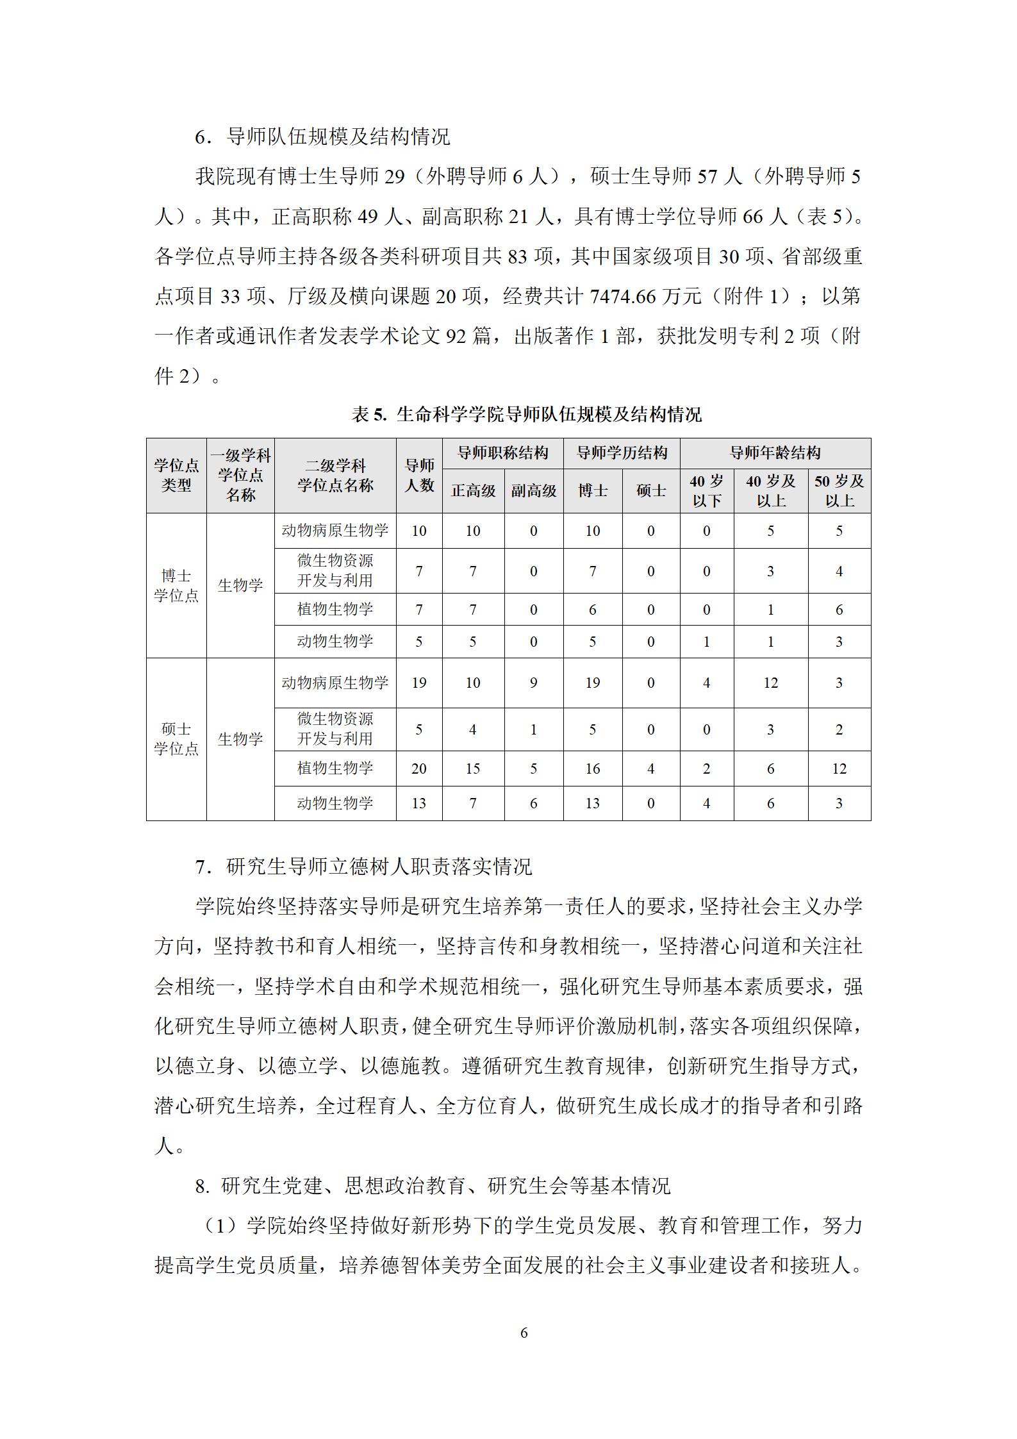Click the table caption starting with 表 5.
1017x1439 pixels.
tap(526, 415)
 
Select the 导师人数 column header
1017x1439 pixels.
tap(419, 475)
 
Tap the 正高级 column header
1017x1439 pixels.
tap(473, 491)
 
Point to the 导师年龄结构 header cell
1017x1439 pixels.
tap(775, 453)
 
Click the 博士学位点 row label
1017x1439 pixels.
tap(176, 585)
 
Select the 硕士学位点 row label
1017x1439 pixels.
tap(176, 738)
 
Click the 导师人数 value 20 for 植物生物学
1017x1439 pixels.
tap(419, 769)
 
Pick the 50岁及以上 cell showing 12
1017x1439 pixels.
tap(839, 769)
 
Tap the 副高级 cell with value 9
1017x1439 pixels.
tap(533, 683)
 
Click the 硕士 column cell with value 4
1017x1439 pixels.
tap(650, 769)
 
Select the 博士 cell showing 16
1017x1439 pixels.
tap(593, 769)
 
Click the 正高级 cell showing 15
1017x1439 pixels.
tap(473, 769)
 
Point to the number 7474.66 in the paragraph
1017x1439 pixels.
tap(622, 296)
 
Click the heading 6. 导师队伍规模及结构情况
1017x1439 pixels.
tap(322, 137)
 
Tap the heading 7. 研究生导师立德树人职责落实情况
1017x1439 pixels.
tap(363, 867)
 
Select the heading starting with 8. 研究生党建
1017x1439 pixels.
tap(433, 1186)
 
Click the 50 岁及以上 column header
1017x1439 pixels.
tap(839, 491)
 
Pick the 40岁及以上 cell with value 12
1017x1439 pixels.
tap(770, 683)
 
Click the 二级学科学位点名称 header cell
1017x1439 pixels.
tap(335, 475)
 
